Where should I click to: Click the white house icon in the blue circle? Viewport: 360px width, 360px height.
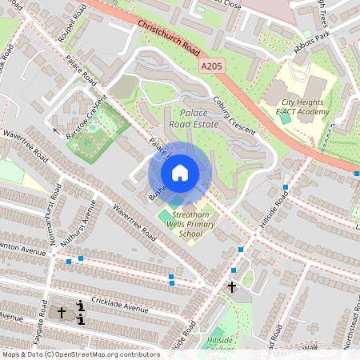pyautogui.click(x=180, y=173)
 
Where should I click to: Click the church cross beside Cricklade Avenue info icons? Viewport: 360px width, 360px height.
pyautogui.click(x=62, y=312)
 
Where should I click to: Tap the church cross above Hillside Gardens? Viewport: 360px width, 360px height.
pyautogui.click(x=232, y=286)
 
